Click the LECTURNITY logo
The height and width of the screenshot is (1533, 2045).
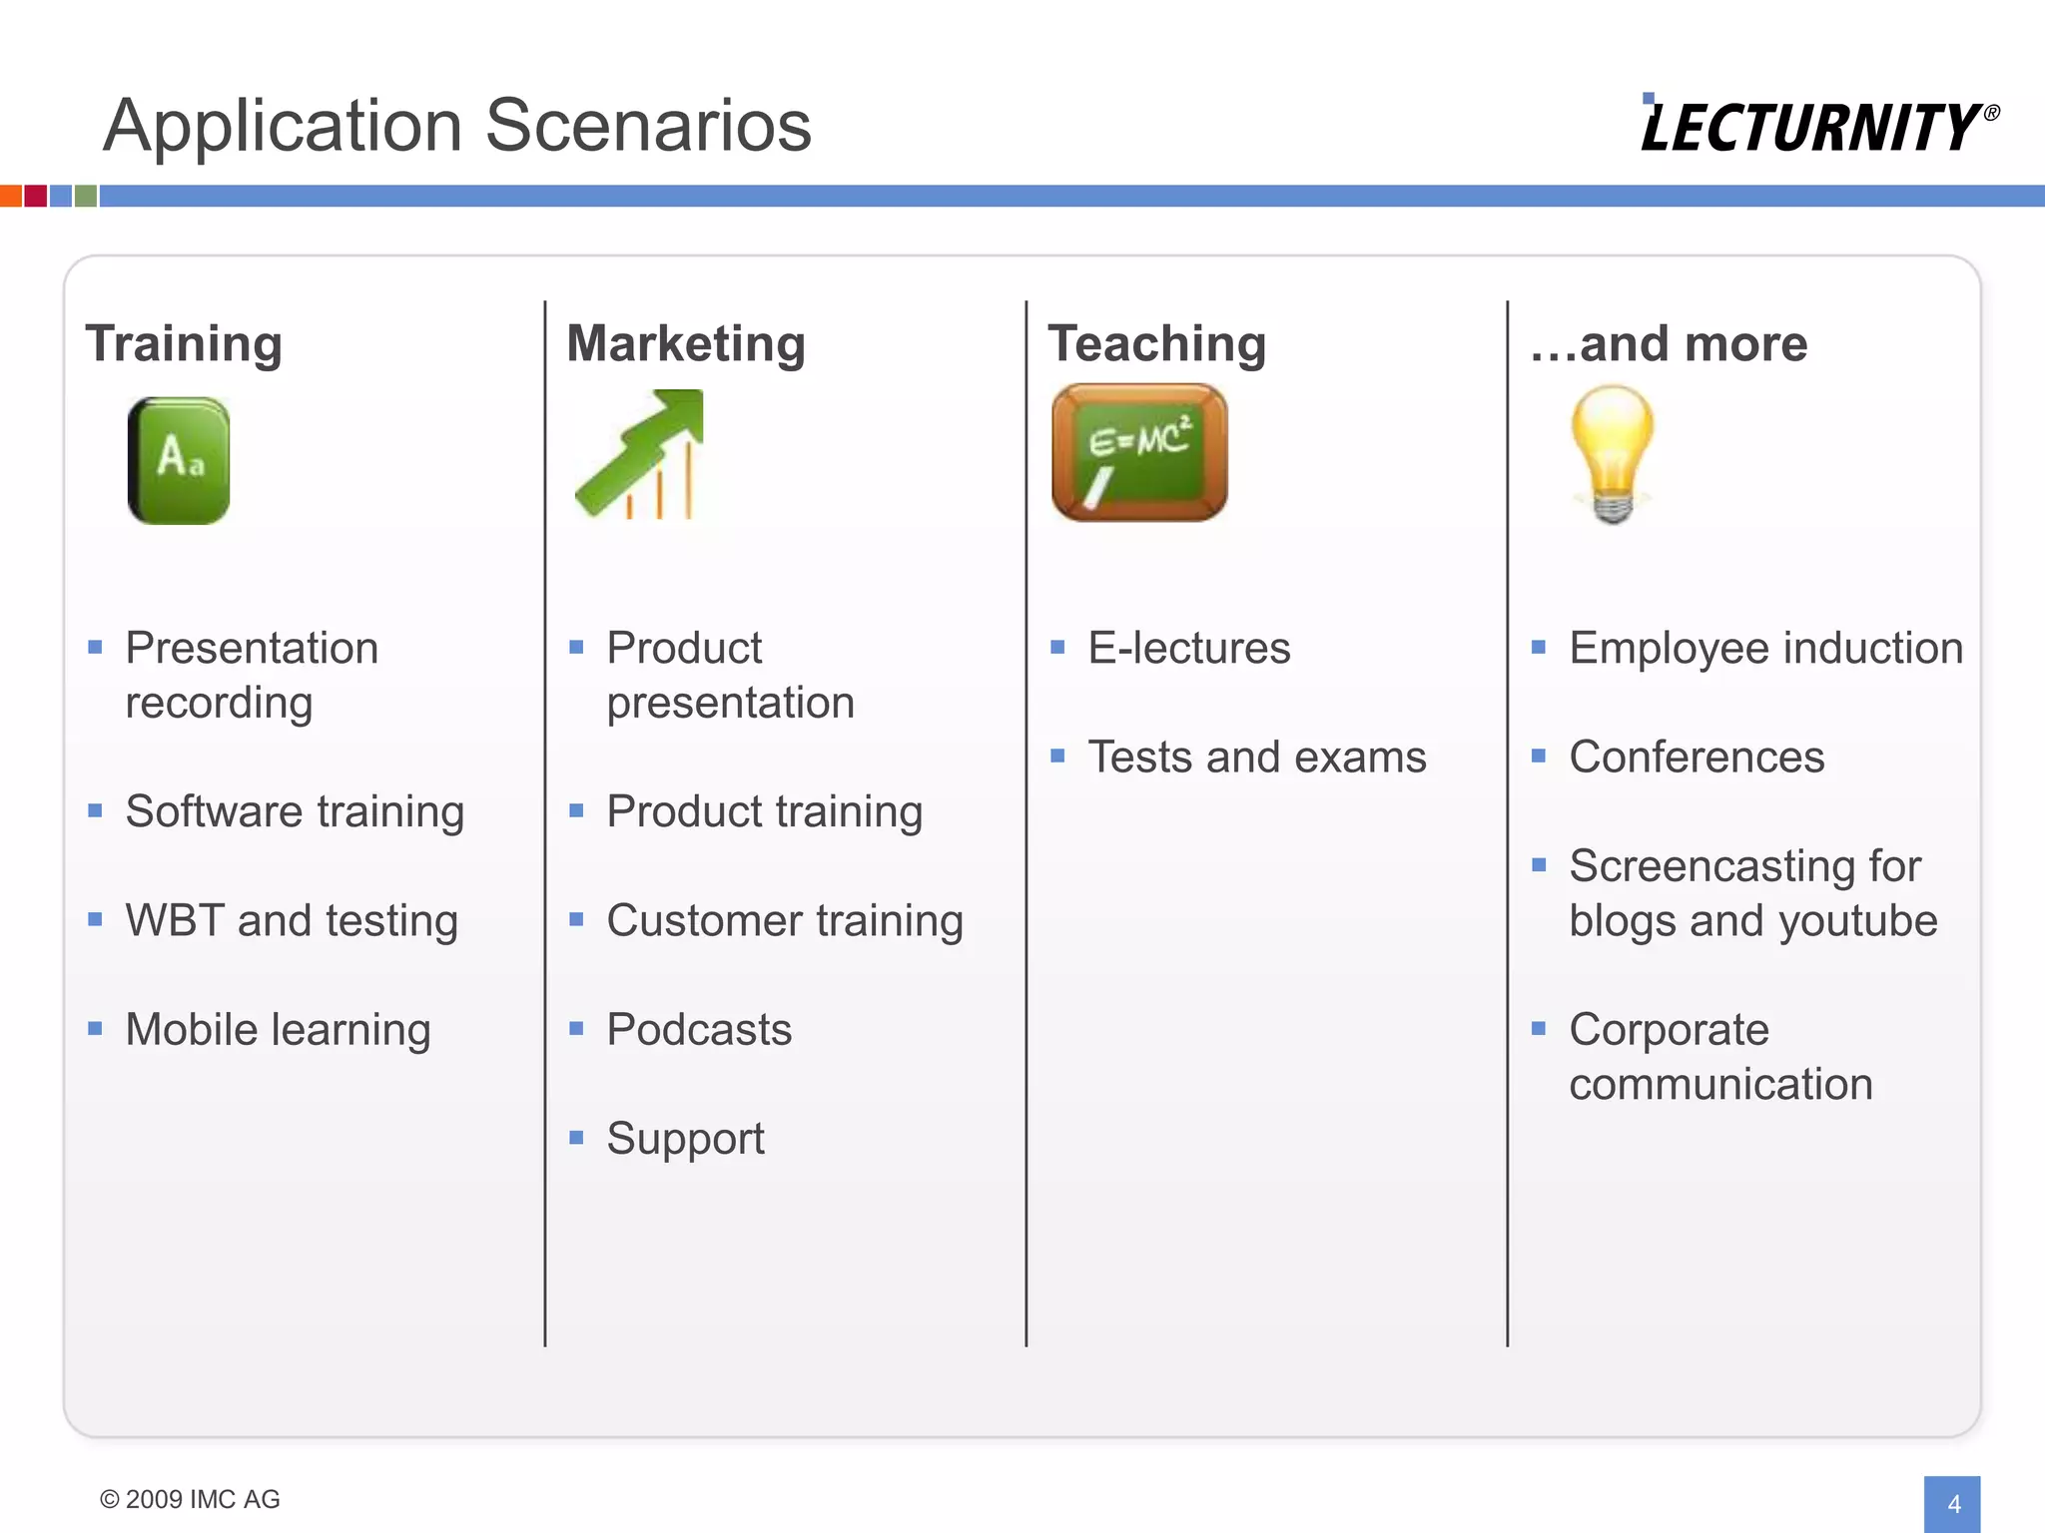[x=1817, y=126]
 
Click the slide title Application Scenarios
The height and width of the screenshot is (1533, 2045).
[x=457, y=126]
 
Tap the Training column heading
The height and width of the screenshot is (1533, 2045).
[x=184, y=343]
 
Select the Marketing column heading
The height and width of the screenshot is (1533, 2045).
[x=686, y=343]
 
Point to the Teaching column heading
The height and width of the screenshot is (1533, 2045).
[x=1156, y=343]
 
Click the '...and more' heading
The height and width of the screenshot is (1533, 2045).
[x=1669, y=343]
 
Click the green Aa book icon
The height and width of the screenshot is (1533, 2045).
[x=179, y=460]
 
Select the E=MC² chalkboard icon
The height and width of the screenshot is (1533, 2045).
[x=1139, y=452]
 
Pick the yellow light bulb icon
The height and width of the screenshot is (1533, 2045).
[x=1612, y=454]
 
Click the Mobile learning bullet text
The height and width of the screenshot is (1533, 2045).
[x=278, y=1030]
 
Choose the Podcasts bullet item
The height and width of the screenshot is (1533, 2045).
[x=699, y=1030]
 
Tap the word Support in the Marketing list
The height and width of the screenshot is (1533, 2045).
[x=685, y=1139]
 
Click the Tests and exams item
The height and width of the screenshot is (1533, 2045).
[x=1256, y=758]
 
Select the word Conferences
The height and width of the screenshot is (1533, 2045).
[x=1697, y=758]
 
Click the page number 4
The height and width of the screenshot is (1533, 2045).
[x=1953, y=1503]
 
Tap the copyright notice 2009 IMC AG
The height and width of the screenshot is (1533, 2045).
[x=190, y=1499]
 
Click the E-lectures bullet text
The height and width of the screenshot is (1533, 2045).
[x=1188, y=649]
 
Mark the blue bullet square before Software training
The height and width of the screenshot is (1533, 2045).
[x=96, y=811]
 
